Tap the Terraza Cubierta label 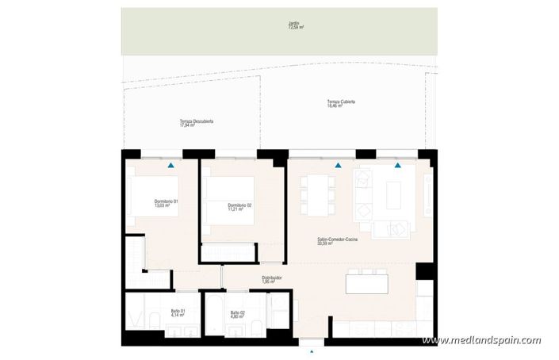(x=340, y=103)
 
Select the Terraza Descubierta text (x=197, y=123)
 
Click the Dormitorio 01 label (x=166, y=204)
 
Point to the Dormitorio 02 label (x=239, y=208)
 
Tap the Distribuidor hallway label (x=272, y=279)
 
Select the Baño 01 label (x=178, y=313)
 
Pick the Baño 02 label (x=237, y=315)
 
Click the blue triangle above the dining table (x=339, y=166)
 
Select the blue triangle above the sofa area (x=398, y=166)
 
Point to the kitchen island (x=366, y=283)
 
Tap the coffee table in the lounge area (x=395, y=193)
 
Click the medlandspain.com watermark (x=481, y=340)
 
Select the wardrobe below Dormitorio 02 (x=228, y=253)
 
